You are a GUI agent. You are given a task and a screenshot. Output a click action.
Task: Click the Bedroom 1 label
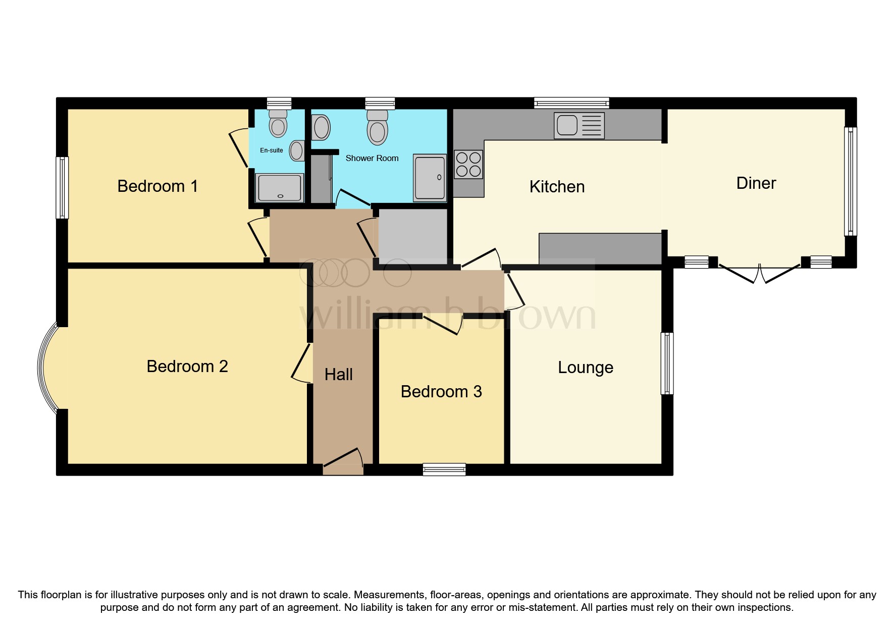(157, 186)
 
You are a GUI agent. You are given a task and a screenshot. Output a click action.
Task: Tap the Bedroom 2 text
(187, 367)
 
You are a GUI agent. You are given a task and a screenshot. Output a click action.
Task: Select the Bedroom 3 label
(441, 392)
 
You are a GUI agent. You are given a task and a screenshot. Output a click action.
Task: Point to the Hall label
(338, 375)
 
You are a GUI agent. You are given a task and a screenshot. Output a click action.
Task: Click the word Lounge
(585, 368)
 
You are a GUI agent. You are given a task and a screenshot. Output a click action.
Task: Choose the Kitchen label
(557, 187)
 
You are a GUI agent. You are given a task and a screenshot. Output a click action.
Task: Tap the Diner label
(756, 183)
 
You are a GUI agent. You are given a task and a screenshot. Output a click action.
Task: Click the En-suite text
(271, 150)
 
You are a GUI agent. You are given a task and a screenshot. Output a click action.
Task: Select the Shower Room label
(372, 159)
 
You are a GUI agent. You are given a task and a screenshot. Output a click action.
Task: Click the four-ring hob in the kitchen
(468, 165)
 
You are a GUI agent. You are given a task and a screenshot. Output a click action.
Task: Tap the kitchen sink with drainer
(579, 125)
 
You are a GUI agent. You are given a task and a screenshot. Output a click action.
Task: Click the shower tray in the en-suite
(280, 188)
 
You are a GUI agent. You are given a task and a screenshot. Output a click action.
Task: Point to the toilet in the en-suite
(278, 124)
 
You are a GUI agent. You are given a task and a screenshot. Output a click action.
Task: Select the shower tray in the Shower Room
(430, 178)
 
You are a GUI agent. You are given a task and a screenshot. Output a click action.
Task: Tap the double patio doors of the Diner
(759, 272)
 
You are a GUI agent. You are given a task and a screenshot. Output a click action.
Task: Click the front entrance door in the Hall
(343, 461)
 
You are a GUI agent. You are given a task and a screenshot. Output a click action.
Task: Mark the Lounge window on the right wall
(667, 363)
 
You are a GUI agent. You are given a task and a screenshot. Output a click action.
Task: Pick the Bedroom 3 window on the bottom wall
(444, 470)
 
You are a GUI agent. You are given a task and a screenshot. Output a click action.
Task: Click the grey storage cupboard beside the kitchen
(412, 235)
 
